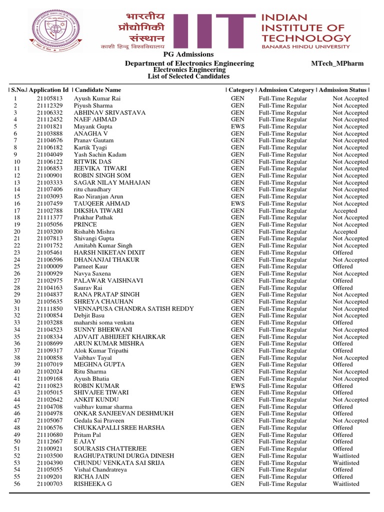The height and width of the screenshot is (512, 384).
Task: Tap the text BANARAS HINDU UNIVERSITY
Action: [306, 46]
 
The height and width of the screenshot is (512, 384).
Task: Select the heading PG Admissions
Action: [188, 54]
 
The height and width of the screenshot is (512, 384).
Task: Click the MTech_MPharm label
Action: [337, 63]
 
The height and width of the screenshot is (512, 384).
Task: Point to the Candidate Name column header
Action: [98, 90]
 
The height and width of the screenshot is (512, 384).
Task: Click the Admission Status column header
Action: [342, 90]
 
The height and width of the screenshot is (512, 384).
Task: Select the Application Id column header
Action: [48, 90]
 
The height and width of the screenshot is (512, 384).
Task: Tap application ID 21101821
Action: [49, 126]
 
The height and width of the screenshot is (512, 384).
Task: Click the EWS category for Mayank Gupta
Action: [237, 126]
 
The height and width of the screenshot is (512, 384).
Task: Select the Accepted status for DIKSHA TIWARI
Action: [345, 210]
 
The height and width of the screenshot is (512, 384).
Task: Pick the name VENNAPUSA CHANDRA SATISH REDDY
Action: [133, 308]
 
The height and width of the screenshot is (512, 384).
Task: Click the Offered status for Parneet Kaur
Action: [342, 266]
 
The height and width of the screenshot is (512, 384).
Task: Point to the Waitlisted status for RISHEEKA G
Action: [346, 483]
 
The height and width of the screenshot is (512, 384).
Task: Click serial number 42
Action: [17, 385]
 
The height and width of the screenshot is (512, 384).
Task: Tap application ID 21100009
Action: [49, 266]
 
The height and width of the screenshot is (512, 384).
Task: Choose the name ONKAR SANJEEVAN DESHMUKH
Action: [123, 413]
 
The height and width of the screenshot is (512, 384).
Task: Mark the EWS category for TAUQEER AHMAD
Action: [237, 203]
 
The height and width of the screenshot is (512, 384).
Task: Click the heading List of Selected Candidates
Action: [188, 76]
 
